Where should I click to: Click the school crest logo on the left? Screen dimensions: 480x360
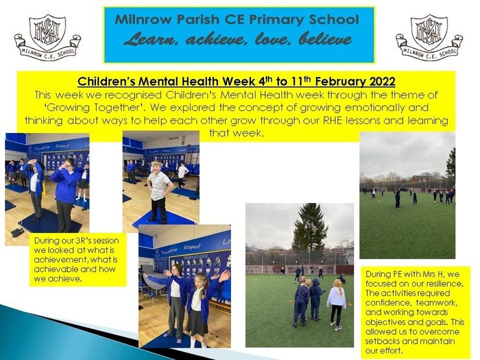pos(47,37)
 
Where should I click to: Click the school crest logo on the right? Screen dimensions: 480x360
pos(429,37)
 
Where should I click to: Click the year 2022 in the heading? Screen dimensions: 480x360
pos(382,82)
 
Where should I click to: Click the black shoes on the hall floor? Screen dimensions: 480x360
pos(18,232)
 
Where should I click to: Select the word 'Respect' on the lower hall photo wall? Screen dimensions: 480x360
pos(192,246)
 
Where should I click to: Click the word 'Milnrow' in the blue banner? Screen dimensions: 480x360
pos(143,19)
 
